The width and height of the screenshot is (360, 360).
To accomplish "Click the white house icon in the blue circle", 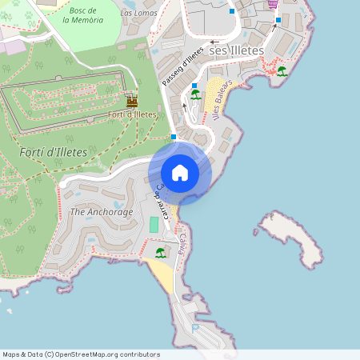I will [x=179, y=172].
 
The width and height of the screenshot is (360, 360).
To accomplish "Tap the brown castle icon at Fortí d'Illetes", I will [x=132, y=101].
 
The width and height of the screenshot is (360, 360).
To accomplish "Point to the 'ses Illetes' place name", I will [x=235, y=50].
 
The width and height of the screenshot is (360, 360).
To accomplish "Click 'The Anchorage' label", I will [x=102, y=212].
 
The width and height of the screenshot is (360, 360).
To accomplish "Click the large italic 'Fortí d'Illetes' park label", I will [x=53, y=152].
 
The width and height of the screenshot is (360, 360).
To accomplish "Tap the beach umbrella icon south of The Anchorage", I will [x=160, y=253].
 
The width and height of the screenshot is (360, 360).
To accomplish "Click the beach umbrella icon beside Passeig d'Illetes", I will [x=195, y=94].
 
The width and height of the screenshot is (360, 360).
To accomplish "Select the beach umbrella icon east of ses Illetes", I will [x=282, y=71].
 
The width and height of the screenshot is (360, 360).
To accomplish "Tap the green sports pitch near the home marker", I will [x=154, y=224].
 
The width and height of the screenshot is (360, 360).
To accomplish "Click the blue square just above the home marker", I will [x=174, y=137].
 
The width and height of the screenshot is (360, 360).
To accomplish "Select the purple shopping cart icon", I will [x=273, y=3].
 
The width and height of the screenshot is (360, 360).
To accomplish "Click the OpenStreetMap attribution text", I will [x=81, y=354].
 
